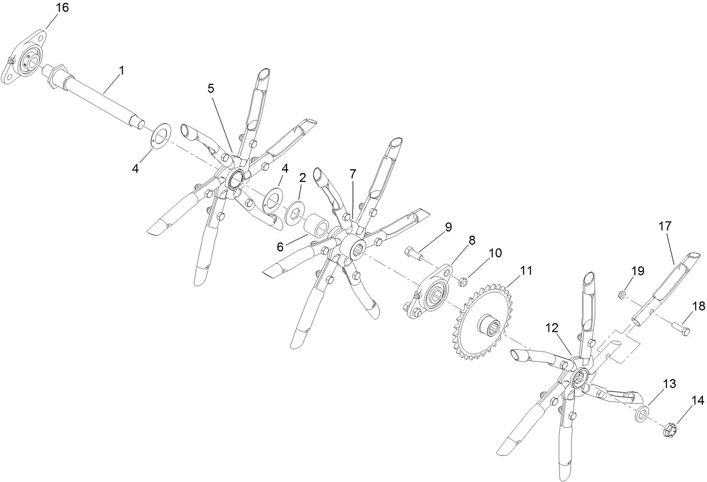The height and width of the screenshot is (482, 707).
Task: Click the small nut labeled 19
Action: [x=622, y=294]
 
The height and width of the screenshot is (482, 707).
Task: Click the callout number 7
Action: [x=352, y=174]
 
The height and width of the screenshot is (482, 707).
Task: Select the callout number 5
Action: [x=211, y=88]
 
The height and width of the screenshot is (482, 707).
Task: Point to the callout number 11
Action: [x=525, y=271]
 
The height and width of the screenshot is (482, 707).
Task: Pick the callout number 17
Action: [x=665, y=227]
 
